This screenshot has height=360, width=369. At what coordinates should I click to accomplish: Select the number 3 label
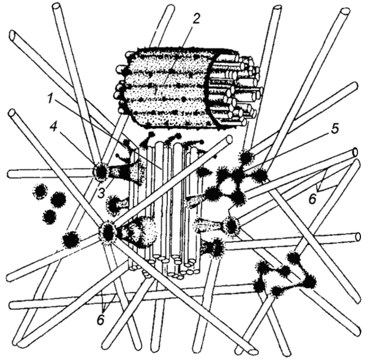click(101, 193)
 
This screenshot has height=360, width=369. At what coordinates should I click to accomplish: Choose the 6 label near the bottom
click(101, 319)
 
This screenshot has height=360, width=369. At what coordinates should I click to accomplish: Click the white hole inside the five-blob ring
click(228, 189)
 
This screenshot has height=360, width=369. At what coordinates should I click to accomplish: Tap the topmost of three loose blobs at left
click(40, 190)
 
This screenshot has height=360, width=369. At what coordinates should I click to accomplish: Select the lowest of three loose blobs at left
click(50, 216)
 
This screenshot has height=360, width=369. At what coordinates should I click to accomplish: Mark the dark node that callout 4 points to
click(101, 172)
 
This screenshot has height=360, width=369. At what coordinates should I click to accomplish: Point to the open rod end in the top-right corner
click(346, 12)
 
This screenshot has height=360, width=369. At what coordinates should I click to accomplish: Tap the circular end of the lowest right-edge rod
click(359, 236)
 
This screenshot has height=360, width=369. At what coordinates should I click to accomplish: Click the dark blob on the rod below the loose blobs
click(70, 240)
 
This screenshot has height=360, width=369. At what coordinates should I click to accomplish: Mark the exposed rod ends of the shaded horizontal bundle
click(236, 88)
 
